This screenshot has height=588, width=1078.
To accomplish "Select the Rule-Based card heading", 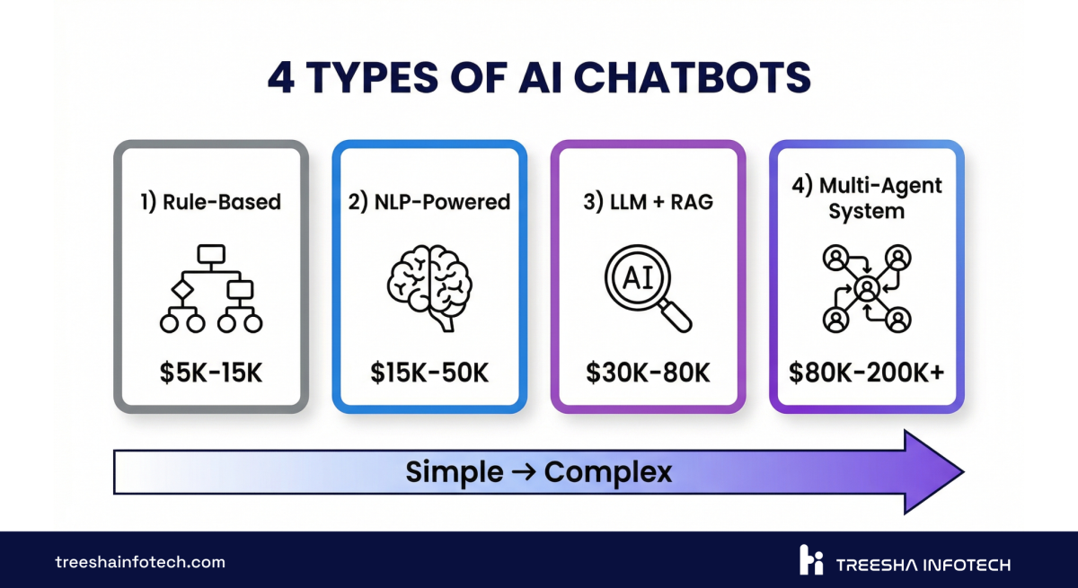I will pos(210,201).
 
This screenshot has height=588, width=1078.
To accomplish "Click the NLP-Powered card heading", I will pos(429,201).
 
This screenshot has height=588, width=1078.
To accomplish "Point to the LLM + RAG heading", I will pos(648,201).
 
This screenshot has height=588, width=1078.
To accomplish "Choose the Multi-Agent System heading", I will pos(866,198).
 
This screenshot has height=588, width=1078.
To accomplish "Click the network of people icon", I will pos(866,287).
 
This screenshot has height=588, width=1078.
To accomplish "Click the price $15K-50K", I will pos(429,373).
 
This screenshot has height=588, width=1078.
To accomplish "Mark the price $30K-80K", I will pos(648,373).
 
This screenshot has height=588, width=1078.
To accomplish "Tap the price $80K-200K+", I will pos(866,373).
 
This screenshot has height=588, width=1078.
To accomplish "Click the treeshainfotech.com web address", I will pos(140,563).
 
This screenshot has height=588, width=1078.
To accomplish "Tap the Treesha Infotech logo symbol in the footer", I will pos(810,561).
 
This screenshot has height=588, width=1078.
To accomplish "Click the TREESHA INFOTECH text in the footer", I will pos(923,565).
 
